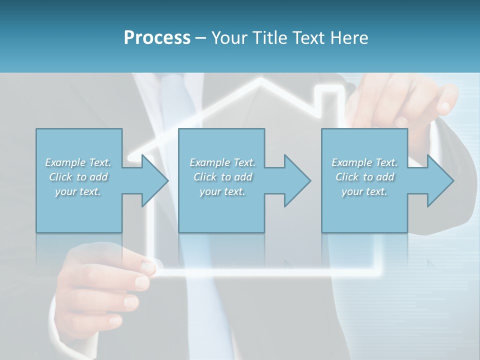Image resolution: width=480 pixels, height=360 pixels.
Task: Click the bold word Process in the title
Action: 157,37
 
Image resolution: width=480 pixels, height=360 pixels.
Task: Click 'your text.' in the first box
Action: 78,191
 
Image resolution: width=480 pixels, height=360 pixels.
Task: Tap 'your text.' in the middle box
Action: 222,191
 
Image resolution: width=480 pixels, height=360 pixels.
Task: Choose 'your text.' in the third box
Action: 364,191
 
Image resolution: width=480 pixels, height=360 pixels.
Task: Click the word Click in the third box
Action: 347,177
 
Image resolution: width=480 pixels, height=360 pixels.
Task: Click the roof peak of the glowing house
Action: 260,80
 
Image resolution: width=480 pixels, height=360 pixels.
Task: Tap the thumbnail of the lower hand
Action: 148,267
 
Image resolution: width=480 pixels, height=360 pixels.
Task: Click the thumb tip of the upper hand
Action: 443,107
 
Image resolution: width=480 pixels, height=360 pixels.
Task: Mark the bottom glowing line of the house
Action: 270,273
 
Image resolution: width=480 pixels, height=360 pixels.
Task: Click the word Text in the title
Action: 308,37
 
